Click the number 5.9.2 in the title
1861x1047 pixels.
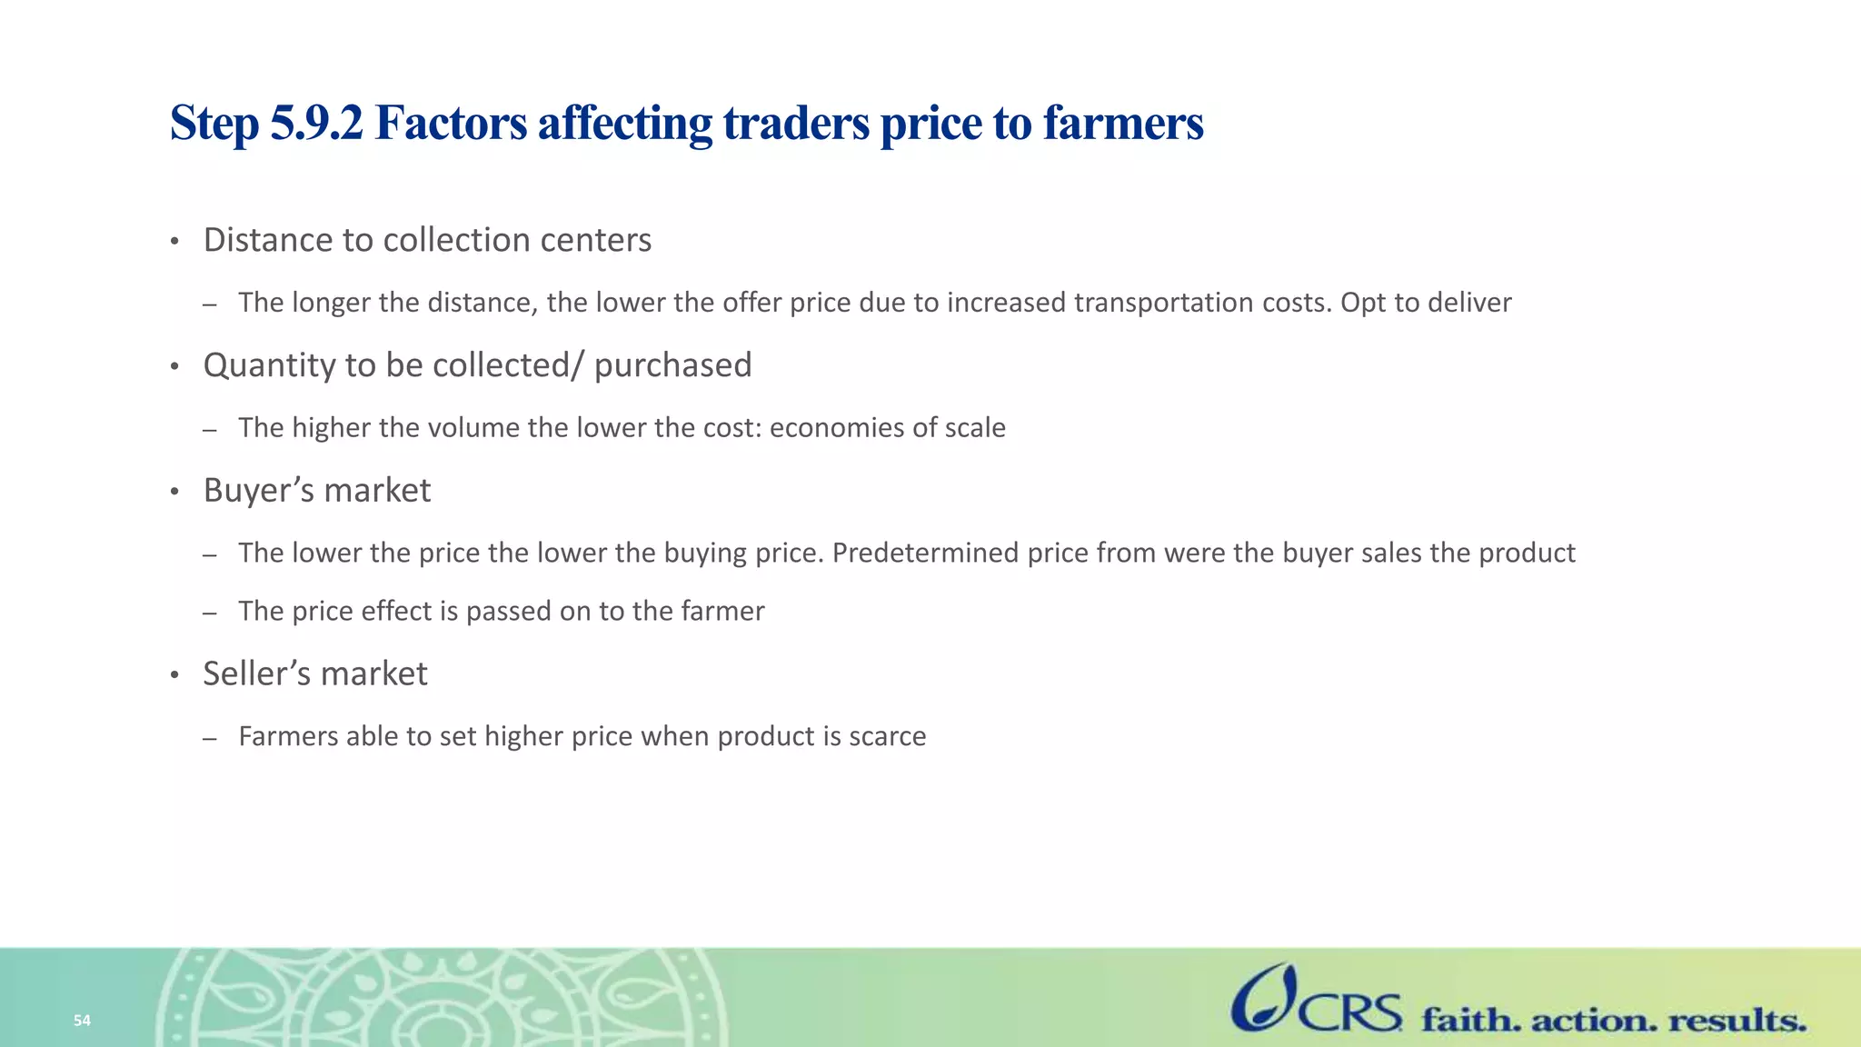316,123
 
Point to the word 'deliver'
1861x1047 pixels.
1468,303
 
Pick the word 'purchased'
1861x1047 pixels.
672,365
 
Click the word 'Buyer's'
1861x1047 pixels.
259,491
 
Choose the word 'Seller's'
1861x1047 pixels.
257,674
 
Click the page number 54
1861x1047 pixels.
82,1021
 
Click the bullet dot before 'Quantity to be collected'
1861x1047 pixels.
174,367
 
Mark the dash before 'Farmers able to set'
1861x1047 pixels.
210,738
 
